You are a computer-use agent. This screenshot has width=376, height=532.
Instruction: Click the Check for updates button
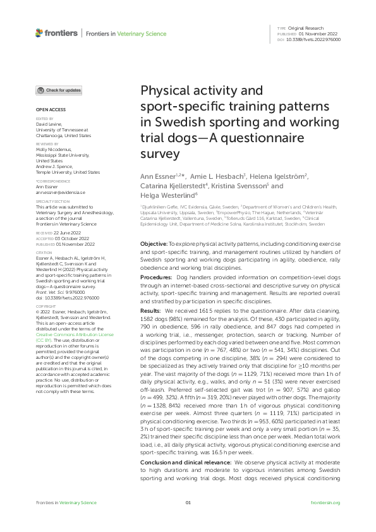[x=59, y=90]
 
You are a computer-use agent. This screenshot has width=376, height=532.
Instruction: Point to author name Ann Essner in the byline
[x=155, y=175]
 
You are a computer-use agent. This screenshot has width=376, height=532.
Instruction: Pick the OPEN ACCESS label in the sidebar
[x=49, y=109]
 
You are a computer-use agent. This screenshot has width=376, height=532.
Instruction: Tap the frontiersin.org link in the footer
[x=326, y=520]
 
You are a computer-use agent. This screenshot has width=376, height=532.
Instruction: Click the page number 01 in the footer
[x=188, y=520]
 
